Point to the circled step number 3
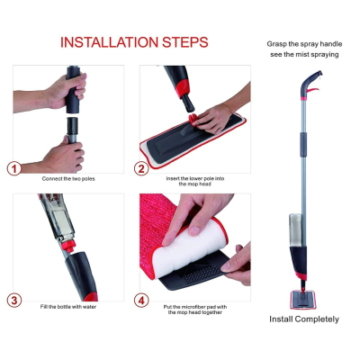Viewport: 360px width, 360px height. (14, 300)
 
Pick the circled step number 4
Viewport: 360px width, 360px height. (141, 300)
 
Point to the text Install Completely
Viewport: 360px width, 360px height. (303, 319)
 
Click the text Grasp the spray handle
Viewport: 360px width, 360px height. (303, 44)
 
